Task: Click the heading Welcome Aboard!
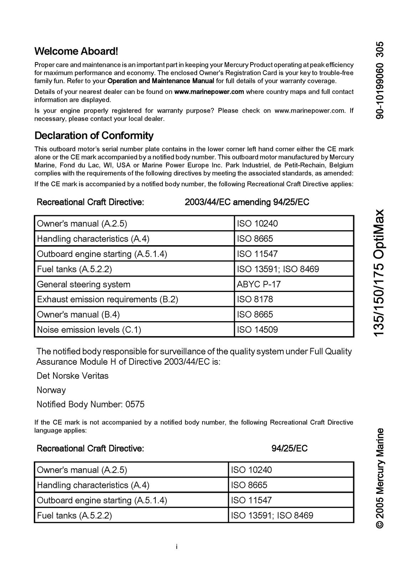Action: pyautogui.click(x=76, y=51)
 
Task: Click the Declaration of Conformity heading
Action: pyautogui.click(x=94, y=136)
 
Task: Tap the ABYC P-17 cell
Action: pyautogui.click(x=259, y=284)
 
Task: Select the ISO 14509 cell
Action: pyautogui.click(x=257, y=330)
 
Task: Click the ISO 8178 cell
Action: pyautogui.click(x=255, y=299)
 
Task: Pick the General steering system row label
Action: pyautogui.click(x=83, y=284)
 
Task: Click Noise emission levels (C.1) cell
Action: pyautogui.click(x=89, y=330)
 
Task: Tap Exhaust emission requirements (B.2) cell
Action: pyautogui.click(x=107, y=299)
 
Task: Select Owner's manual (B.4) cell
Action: pyautogui.click(x=78, y=315)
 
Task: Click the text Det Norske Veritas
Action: pyautogui.click(x=72, y=376)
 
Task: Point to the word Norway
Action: pyautogui.click(x=51, y=390)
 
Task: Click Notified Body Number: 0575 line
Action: pyautogui.click(x=91, y=404)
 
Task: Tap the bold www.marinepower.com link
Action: pyautogui.click(x=209, y=92)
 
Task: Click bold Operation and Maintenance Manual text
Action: pyautogui.click(x=161, y=81)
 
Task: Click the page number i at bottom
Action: pyautogui.click(x=177, y=547)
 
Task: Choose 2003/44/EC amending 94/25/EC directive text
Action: pyautogui.click(x=247, y=202)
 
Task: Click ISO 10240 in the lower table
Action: pyautogui.click(x=251, y=470)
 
